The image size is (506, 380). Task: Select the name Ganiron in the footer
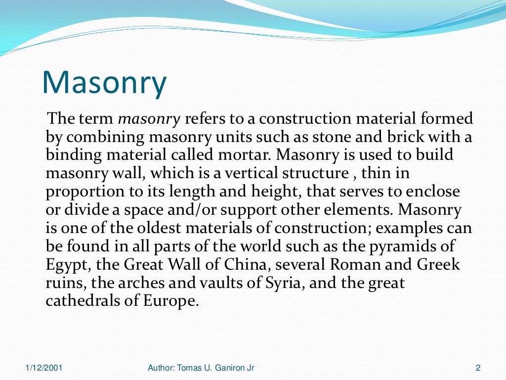pos(227,368)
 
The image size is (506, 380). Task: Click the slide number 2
pos(477,368)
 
